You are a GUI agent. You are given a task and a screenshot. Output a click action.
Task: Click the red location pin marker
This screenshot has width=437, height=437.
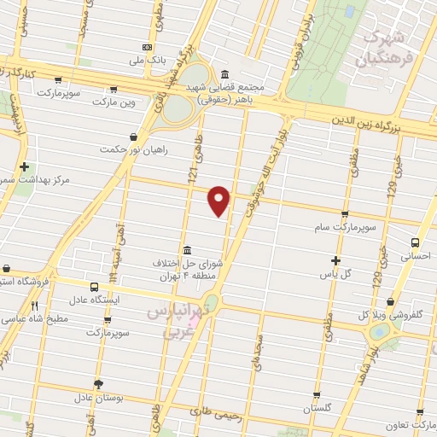[220, 200]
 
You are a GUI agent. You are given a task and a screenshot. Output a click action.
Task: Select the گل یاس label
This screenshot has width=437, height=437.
[336, 274]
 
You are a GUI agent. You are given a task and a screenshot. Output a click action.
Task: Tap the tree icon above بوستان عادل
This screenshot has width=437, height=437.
[99, 385]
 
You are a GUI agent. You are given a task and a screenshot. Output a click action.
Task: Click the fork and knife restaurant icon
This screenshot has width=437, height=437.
[34, 306]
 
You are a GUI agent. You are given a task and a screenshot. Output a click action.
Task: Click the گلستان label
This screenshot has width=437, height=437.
[317, 409]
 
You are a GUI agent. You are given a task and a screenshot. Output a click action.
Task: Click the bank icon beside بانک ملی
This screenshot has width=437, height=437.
[149, 47]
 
